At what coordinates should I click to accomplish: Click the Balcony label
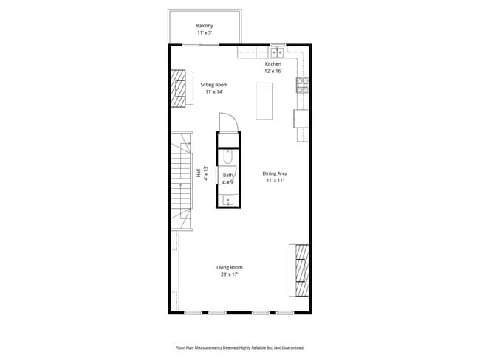click(x=205, y=26)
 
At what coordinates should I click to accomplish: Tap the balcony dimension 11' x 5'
click(x=205, y=33)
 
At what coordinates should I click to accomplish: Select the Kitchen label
click(x=273, y=64)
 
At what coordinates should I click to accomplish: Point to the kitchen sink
click(x=278, y=52)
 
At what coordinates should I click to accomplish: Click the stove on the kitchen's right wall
click(x=302, y=86)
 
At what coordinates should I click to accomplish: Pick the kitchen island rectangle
click(x=264, y=101)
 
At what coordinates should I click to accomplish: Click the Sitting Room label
click(x=213, y=85)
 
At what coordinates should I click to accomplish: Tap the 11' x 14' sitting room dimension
click(x=213, y=92)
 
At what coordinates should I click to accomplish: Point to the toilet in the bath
click(x=228, y=157)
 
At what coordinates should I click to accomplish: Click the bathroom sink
click(x=228, y=199)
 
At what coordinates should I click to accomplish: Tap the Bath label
click(x=228, y=176)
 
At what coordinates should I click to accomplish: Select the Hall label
click(x=199, y=173)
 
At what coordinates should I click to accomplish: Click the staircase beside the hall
click(x=181, y=181)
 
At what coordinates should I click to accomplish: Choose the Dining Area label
click(x=274, y=173)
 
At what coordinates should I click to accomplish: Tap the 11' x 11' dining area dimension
click(x=274, y=181)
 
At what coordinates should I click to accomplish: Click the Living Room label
click(x=229, y=267)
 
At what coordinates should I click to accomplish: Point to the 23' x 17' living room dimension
click(x=229, y=274)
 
